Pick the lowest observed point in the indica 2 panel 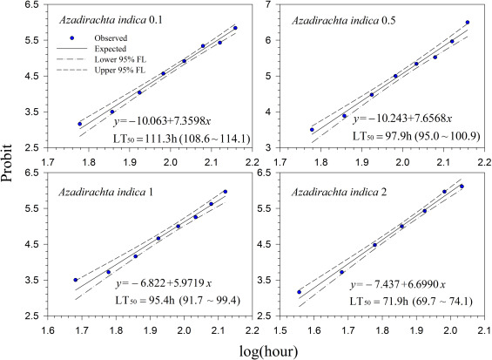pos(300,292)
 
